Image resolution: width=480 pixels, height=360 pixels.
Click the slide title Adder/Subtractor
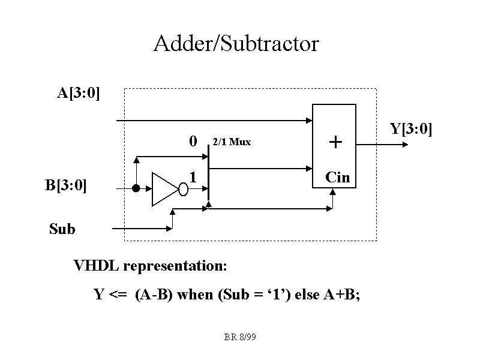[x=236, y=44]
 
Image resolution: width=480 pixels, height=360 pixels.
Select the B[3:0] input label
[x=66, y=185]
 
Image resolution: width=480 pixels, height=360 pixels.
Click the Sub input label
[x=62, y=229]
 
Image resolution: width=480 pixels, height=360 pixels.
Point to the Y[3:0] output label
[x=411, y=129]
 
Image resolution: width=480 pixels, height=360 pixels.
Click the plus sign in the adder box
[x=335, y=143]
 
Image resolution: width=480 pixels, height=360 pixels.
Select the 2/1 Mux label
[x=232, y=142]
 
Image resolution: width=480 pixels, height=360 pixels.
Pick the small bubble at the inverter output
[x=184, y=190]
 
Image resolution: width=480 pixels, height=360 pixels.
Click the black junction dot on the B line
[x=136, y=188]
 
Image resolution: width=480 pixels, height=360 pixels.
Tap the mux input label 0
[x=193, y=142]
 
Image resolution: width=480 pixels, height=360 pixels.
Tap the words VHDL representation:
[x=150, y=265]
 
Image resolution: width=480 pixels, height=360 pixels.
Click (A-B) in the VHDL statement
[x=154, y=295]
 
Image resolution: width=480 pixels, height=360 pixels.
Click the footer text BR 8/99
[x=240, y=338]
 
